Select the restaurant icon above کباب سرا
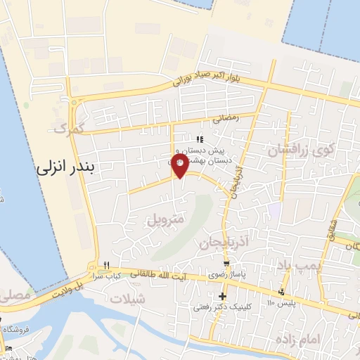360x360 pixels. [106, 264]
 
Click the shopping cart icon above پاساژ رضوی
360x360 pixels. [224, 264]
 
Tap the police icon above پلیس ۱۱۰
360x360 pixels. [281, 292]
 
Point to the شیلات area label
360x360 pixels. [127, 298]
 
